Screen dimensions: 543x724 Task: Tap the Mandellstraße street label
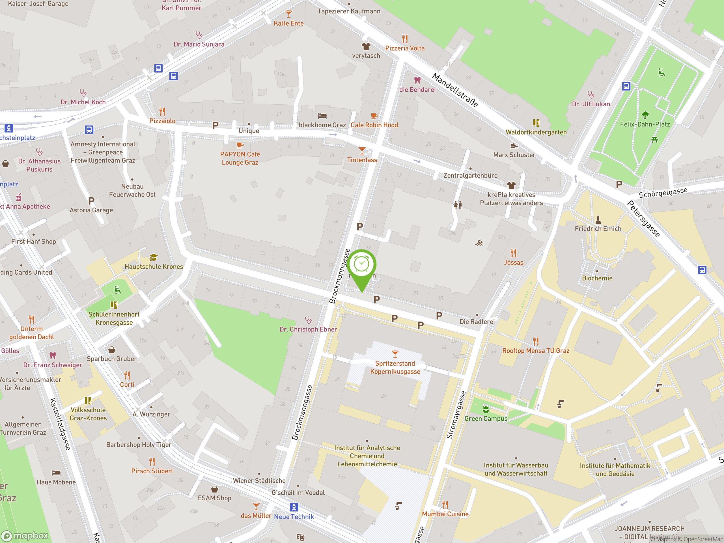coord(455,90)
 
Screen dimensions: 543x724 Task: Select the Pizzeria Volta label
coord(405,48)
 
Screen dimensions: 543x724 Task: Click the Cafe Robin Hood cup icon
coord(374,116)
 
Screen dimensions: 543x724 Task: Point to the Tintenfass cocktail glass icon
coord(362,150)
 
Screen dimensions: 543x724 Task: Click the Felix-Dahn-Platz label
coord(645,124)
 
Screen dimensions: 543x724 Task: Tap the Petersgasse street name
coord(643,219)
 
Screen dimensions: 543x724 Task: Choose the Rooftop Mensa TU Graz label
coord(536,350)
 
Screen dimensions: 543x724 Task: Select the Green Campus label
coord(486,418)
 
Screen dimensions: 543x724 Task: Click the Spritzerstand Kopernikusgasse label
coord(395,367)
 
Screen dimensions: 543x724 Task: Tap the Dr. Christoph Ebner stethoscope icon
coord(308,320)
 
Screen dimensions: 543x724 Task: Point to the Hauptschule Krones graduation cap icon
coord(154,257)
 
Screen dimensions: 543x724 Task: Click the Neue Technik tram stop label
coord(294,516)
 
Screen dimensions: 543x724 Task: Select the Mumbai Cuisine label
coord(445,514)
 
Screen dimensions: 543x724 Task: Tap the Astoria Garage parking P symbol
coord(91,201)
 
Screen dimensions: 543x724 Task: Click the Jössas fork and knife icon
coord(513,253)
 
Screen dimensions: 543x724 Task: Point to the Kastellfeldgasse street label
coord(60,424)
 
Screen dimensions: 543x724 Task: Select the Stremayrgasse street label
coord(456,415)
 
